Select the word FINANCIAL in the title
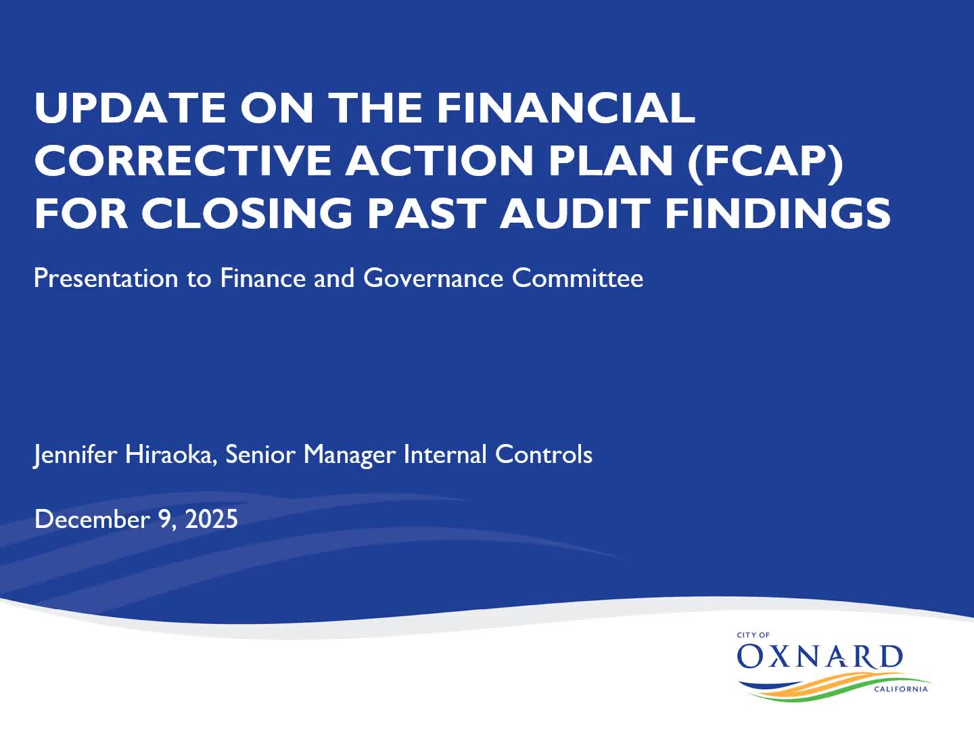[x=565, y=108]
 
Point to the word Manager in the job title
[x=349, y=454]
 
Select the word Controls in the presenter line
[x=544, y=454]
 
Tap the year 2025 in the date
[x=211, y=519]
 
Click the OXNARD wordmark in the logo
[x=820, y=657]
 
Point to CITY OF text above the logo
[x=753, y=635]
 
